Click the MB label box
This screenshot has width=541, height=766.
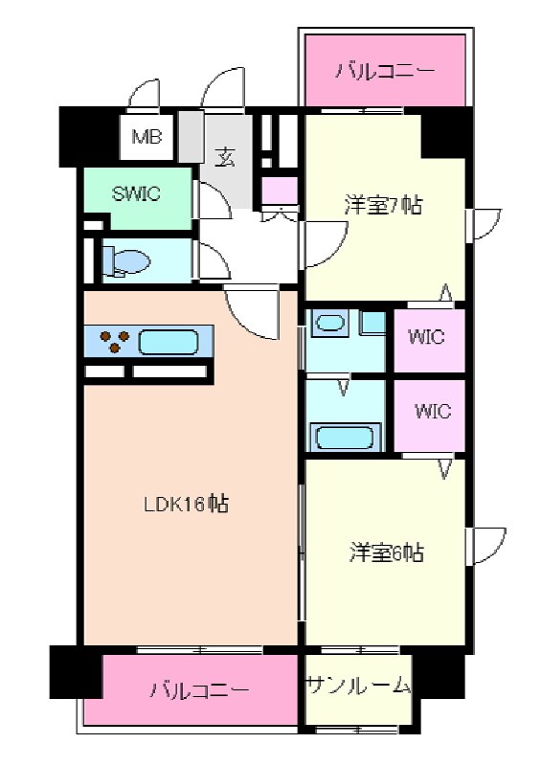click(x=147, y=137)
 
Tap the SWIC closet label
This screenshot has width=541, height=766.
click(x=137, y=193)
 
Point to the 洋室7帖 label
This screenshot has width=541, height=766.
click(x=383, y=205)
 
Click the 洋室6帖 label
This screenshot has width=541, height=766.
click(x=386, y=552)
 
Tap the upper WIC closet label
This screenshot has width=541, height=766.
click(x=427, y=338)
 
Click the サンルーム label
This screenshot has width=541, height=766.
click(x=358, y=686)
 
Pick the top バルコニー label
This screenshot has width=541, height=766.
click(x=385, y=71)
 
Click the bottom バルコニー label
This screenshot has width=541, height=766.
click(x=200, y=690)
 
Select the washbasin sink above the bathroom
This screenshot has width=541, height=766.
click(x=331, y=324)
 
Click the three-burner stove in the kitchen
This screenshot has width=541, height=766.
click(x=114, y=341)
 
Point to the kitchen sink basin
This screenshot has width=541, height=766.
click(x=169, y=341)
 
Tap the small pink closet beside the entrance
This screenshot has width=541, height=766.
click(x=280, y=191)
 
